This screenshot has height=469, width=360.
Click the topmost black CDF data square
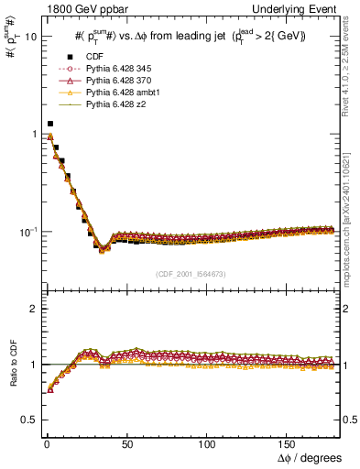[49, 124]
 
